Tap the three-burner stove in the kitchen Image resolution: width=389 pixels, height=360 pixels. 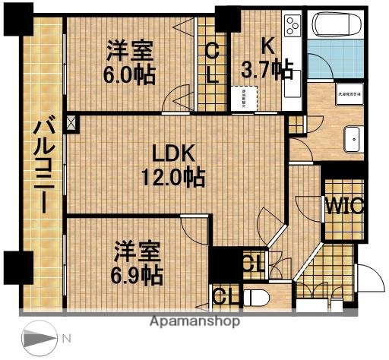(292, 28)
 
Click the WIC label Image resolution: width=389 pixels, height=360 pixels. (346, 206)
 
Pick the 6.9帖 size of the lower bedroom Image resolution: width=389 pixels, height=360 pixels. (138, 273)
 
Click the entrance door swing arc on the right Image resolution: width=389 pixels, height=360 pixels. (368, 279)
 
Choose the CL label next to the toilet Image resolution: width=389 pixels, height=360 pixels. (223, 295)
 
